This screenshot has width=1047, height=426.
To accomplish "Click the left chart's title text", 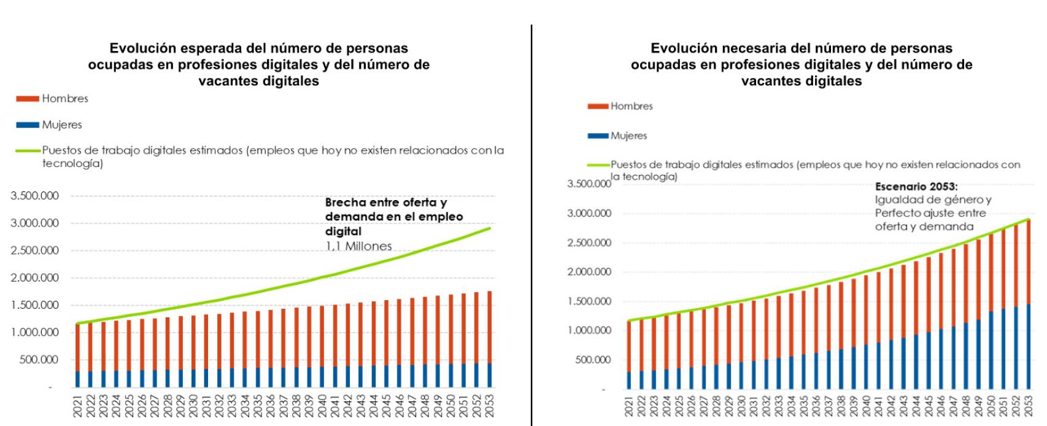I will pyautogui.click(x=258, y=64).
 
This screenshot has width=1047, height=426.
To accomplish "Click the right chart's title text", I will pyautogui.click(x=801, y=64).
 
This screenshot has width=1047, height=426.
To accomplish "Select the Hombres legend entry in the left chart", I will pyautogui.click(x=64, y=99).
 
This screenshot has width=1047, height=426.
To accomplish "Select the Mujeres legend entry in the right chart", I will pyautogui.click(x=628, y=136).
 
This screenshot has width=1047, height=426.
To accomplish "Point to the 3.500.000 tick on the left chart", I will pyautogui.click(x=34, y=196).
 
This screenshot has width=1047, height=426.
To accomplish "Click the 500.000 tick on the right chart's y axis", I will pyautogui.click(x=593, y=360).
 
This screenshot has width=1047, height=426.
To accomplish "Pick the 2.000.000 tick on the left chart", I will pyautogui.click(x=34, y=277).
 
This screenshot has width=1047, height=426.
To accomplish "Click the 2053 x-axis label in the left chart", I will pyautogui.click(x=489, y=406).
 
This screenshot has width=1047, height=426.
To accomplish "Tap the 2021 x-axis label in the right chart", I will pyautogui.click(x=628, y=407).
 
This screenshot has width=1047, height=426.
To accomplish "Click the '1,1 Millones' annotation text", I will pyautogui.click(x=358, y=246).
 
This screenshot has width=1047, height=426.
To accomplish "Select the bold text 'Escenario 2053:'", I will pyautogui.click(x=916, y=187).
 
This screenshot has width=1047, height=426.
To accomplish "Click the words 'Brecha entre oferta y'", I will pyautogui.click(x=385, y=203).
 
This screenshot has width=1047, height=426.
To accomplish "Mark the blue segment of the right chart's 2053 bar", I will pyautogui.click(x=1029, y=347).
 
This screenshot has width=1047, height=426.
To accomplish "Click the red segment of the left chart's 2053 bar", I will pyautogui.click(x=489, y=325).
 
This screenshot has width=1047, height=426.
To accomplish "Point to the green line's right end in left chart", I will pyautogui.click(x=489, y=228).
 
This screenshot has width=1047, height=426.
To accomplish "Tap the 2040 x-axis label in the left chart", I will pyautogui.click(x=322, y=406).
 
